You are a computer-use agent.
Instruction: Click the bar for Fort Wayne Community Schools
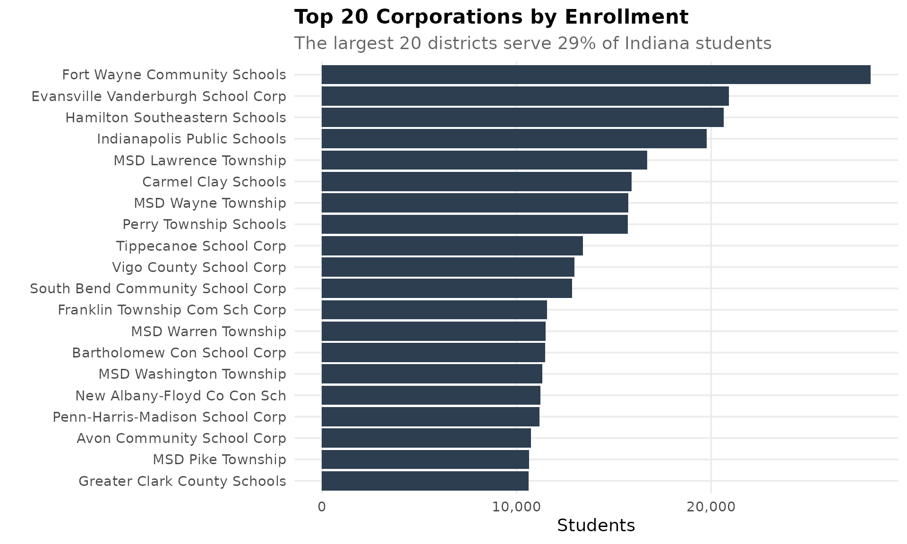pyautogui.click(x=596, y=75)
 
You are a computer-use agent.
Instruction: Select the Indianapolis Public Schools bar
pyautogui.click(x=514, y=139)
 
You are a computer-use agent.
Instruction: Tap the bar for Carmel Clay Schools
pyautogui.click(x=476, y=182)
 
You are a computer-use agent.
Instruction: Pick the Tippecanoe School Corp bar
pyautogui.click(x=452, y=246)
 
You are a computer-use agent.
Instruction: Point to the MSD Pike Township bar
pyautogui.click(x=425, y=459)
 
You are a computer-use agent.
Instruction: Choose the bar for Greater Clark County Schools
pyautogui.click(x=425, y=481)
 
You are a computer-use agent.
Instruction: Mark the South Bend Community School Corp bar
pyautogui.click(x=446, y=289)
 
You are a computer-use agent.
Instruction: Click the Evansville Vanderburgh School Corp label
pyautogui.click(x=159, y=96)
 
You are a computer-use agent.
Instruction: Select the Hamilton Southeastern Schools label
pyautogui.click(x=176, y=118)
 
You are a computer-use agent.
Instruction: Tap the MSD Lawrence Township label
pyautogui.click(x=200, y=161)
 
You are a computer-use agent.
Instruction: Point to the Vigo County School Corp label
pyautogui.click(x=199, y=267)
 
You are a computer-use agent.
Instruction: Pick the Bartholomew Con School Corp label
pyautogui.click(x=179, y=353)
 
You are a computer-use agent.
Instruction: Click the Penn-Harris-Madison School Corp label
pyautogui.click(x=169, y=417)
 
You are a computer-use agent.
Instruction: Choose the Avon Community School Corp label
pyautogui.click(x=181, y=438)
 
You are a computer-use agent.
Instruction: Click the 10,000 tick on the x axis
pyautogui.click(x=516, y=507)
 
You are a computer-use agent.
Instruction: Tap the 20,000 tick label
pyautogui.click(x=711, y=507)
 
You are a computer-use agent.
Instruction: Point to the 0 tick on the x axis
pyautogui.click(x=322, y=507)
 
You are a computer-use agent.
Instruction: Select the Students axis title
pyautogui.click(x=596, y=526)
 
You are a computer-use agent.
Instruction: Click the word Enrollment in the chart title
pyautogui.click(x=626, y=17)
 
